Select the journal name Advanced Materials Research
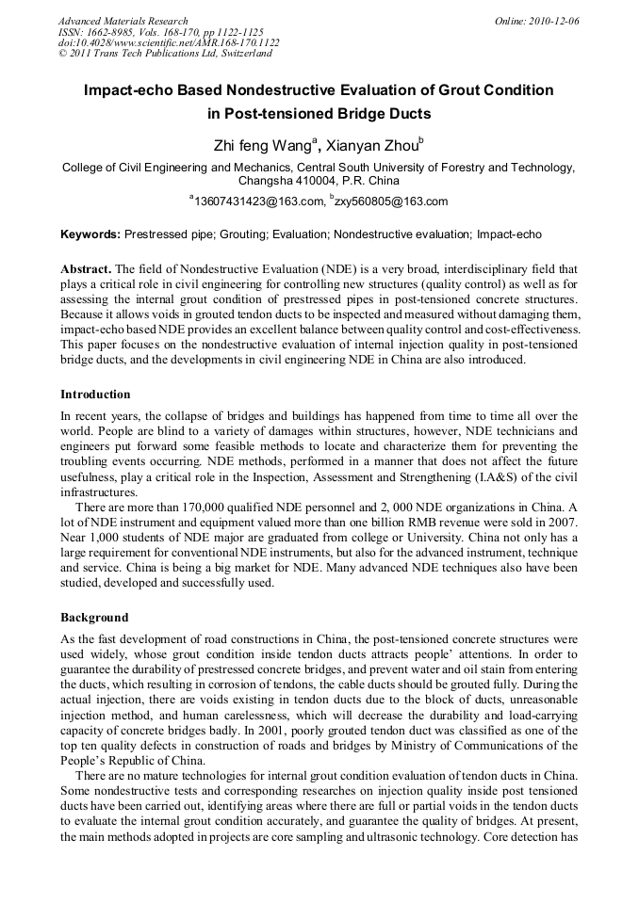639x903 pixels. [x=123, y=21]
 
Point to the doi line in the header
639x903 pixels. [x=169, y=42]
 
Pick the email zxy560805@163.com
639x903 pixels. [x=390, y=202]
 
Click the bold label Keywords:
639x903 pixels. [x=90, y=234]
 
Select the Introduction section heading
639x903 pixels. [x=95, y=394]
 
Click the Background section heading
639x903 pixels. [x=94, y=618]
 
